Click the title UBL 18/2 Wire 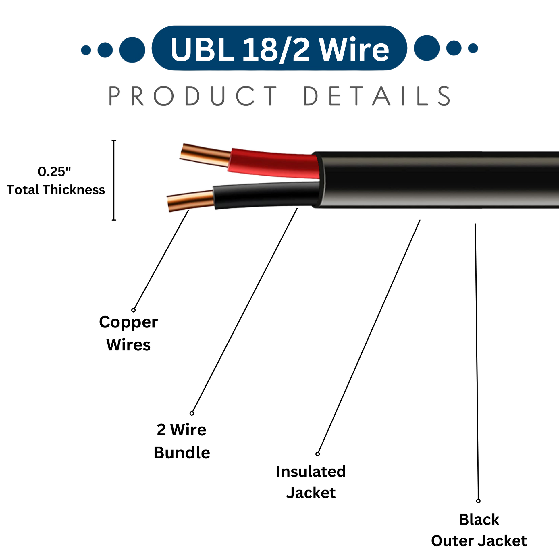click(x=279, y=48)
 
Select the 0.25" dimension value click(x=54, y=171)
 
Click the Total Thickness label click(x=56, y=190)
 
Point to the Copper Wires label click(x=128, y=333)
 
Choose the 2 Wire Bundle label click(x=182, y=441)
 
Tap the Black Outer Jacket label click(x=479, y=530)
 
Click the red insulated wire click(x=273, y=164)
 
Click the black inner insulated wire click(x=266, y=196)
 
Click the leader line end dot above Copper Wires click(x=133, y=310)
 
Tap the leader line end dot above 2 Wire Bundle click(x=192, y=413)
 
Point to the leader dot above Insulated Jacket click(x=317, y=454)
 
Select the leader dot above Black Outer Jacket click(x=478, y=501)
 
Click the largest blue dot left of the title click(x=132, y=50)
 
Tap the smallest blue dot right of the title click(x=473, y=48)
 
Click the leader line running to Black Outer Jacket click(x=477, y=362)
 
